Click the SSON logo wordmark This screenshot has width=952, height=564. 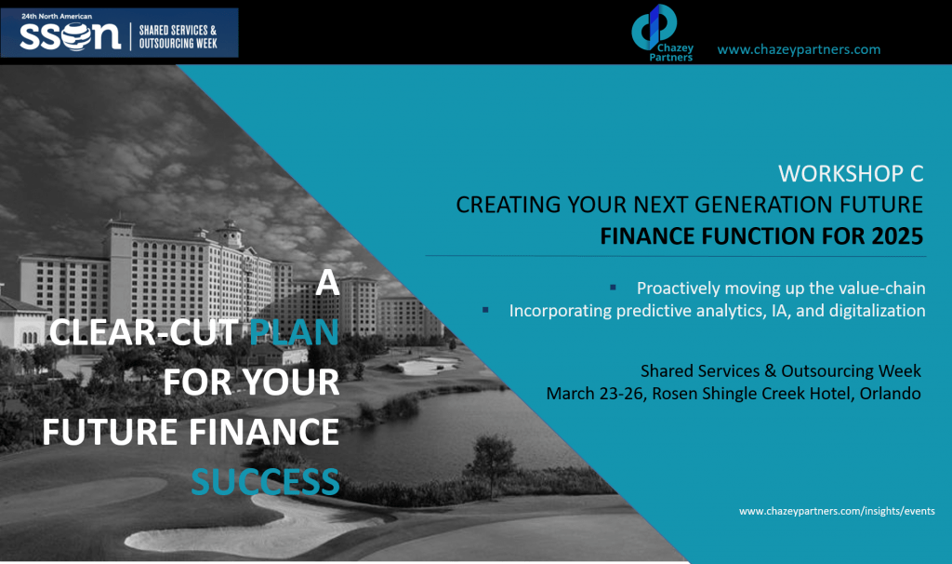[70, 36]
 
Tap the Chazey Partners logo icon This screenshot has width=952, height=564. [654, 27]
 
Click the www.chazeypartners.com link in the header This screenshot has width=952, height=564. [799, 49]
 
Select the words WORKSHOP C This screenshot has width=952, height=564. [851, 174]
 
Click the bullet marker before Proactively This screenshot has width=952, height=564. [614, 287]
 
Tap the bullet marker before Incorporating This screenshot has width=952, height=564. [485, 310]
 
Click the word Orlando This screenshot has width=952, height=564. [890, 394]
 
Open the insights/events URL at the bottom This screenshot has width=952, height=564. [837, 511]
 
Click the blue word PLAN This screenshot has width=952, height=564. [294, 332]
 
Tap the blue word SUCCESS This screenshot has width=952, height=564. [265, 482]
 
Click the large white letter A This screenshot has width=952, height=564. [327, 283]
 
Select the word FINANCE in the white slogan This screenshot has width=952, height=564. [263, 432]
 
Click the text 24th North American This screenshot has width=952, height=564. [57, 17]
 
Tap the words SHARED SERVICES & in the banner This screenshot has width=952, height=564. [178, 30]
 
